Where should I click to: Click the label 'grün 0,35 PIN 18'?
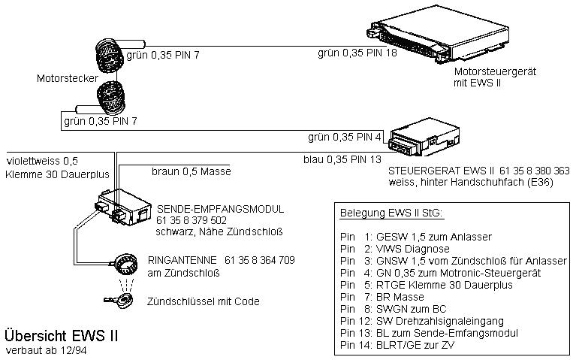pos(357,53)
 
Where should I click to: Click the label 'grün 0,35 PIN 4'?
pos(345,138)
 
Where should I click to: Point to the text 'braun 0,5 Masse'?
pos(191,171)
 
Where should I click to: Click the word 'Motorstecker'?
pos(65,77)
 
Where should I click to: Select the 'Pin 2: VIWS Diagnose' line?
pos(394,248)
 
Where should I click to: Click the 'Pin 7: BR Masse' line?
pos(382,296)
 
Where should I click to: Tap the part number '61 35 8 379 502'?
pos(192,220)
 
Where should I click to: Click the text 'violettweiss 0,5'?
pos(42,161)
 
